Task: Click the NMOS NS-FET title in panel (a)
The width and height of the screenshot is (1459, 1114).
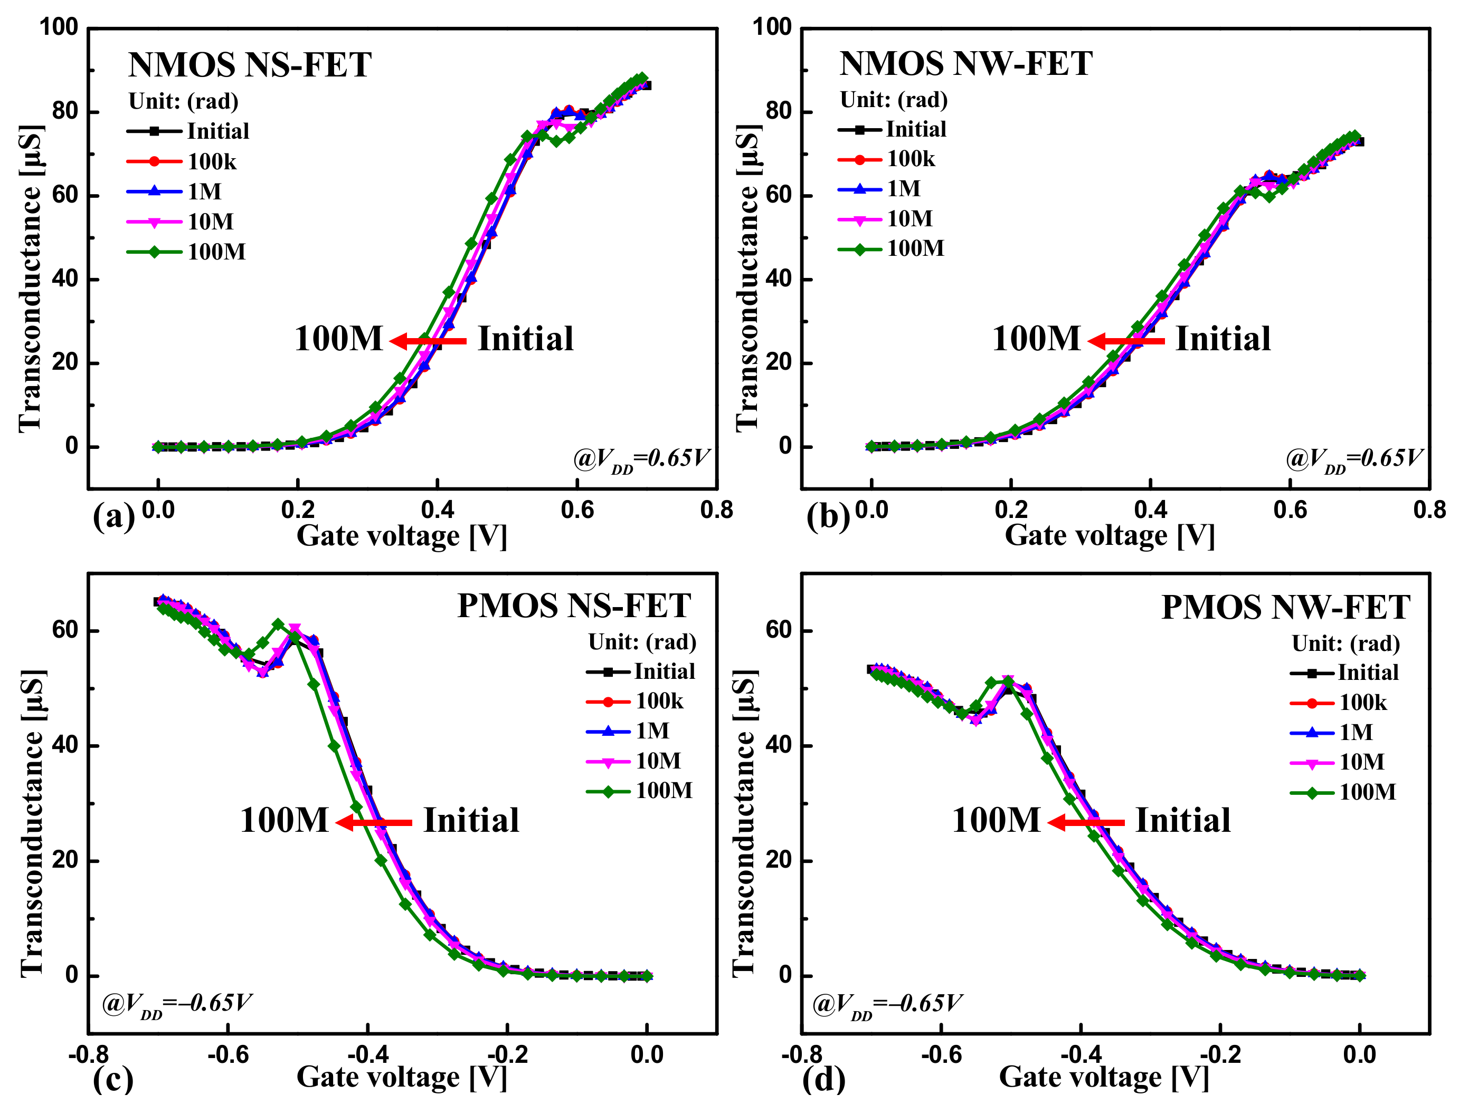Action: pos(250,65)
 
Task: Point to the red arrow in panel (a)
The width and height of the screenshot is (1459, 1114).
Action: pos(429,341)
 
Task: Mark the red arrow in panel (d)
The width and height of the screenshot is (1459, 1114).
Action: pos(1086,823)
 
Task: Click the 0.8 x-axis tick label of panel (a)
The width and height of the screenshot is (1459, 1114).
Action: pos(716,510)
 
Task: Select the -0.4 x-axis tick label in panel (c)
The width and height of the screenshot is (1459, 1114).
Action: pos(367,1054)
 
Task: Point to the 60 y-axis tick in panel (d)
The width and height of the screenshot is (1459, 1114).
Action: pos(779,629)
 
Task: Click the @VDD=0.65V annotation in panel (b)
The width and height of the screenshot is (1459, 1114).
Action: pos(1353,459)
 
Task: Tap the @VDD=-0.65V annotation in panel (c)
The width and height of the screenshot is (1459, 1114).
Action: pos(177,1004)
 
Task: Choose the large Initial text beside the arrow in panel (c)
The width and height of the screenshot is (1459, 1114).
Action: pos(471,820)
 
